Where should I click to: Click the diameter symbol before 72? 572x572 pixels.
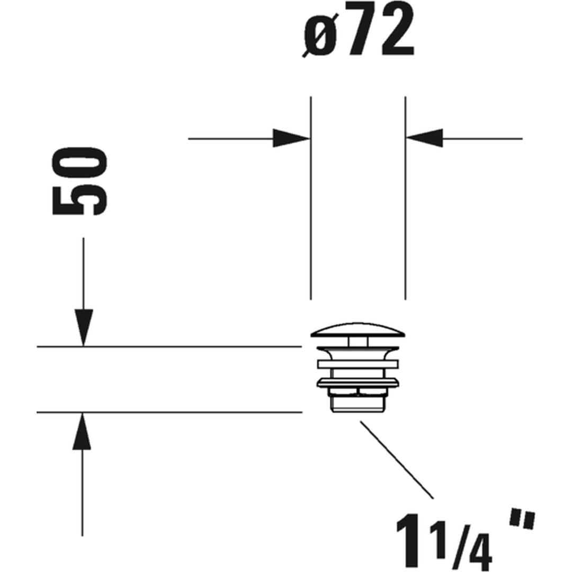click(x=320, y=34)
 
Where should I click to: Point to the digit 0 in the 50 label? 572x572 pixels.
click(x=80, y=163)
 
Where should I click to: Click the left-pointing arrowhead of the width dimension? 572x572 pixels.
click(x=424, y=139)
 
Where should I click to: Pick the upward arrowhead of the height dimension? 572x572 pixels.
click(x=82, y=431)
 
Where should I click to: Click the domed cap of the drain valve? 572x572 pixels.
click(x=358, y=330)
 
